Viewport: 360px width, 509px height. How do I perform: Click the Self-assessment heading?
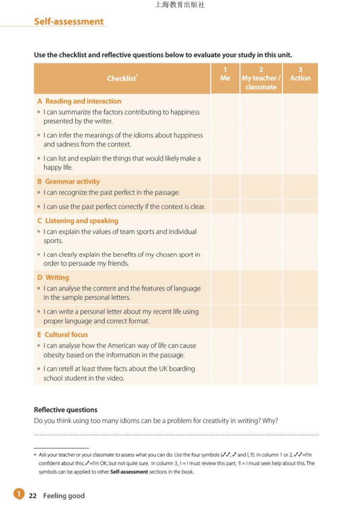point(69,21)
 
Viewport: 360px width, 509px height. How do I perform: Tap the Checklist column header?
point(122,78)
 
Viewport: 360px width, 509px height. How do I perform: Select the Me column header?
point(225,74)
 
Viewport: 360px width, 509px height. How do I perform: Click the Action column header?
point(300,74)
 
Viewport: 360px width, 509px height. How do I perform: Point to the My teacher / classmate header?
point(261,78)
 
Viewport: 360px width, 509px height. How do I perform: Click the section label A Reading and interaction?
point(79,101)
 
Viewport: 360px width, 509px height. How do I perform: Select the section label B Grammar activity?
point(68,181)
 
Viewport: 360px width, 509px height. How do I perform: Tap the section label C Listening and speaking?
point(78,221)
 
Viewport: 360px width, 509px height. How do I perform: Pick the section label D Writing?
point(53,277)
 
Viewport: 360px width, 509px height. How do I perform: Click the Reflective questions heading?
point(66,410)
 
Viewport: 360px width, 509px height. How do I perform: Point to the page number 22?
point(33,496)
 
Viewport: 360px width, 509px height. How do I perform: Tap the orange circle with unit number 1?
point(19,494)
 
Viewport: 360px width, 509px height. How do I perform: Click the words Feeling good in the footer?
point(64,496)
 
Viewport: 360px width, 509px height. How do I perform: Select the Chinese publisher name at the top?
point(180,5)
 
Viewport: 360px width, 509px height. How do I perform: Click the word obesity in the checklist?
point(55,355)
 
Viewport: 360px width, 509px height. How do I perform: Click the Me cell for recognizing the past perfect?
point(225,192)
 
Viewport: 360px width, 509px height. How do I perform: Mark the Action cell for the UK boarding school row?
point(300,373)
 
